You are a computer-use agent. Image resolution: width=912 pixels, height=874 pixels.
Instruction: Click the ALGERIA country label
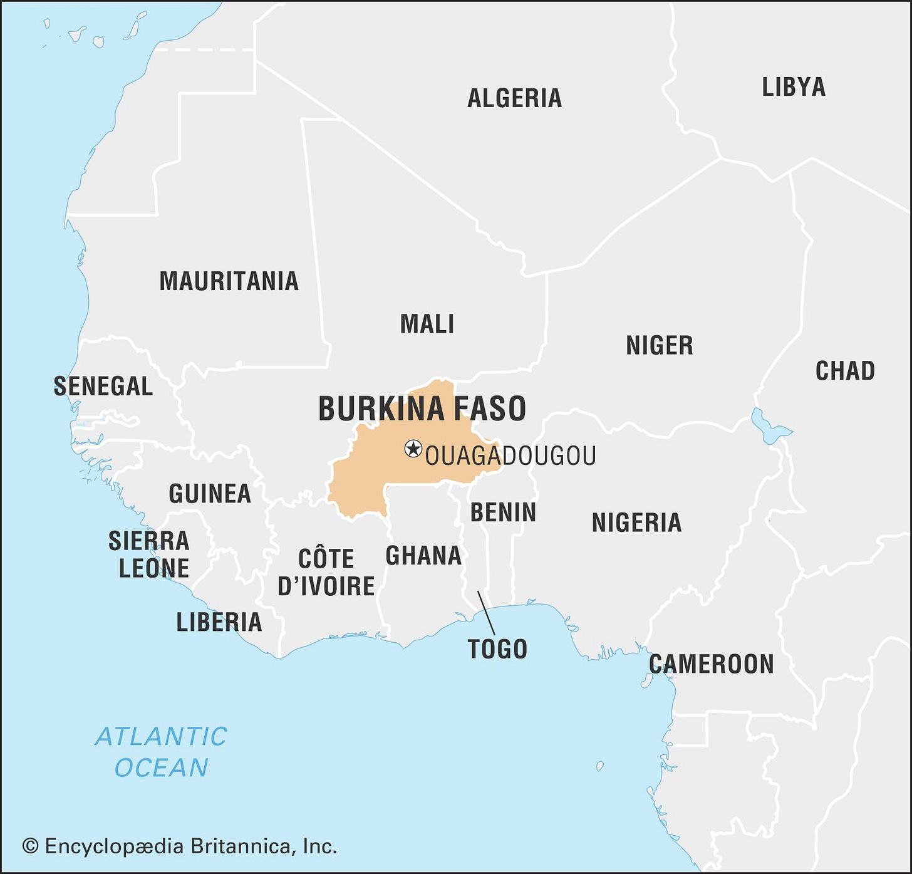[514, 98]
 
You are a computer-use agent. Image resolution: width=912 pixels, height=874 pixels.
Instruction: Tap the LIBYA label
[793, 87]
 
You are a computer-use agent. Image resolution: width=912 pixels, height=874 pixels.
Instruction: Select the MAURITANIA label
[229, 281]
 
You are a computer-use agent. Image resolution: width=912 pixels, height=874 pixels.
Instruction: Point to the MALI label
[427, 324]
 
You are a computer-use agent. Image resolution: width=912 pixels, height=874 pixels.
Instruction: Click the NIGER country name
[659, 345]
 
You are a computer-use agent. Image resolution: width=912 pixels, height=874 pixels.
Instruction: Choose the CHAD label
[844, 371]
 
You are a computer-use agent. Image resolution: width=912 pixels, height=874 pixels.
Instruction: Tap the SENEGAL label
[103, 387]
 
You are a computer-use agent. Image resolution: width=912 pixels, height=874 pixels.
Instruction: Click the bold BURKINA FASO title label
[422, 408]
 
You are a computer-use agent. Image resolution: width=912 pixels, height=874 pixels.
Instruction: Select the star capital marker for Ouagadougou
[413, 449]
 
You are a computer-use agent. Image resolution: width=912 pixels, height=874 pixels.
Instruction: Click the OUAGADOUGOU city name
[510, 456]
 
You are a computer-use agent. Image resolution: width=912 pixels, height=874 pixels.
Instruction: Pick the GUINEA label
[210, 494]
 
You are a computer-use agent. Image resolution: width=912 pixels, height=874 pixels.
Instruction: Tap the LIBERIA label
[219, 622]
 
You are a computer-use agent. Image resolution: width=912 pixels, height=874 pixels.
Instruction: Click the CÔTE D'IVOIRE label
[326, 573]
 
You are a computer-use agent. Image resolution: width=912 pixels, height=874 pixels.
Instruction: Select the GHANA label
[423, 556]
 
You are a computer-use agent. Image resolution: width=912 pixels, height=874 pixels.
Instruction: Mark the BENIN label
[503, 512]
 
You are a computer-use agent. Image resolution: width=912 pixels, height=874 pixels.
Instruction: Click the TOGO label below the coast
[497, 649]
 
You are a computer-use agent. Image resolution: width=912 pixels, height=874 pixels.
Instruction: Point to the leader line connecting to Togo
[486, 613]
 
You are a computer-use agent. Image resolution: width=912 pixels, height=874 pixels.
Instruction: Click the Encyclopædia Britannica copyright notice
[180, 846]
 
